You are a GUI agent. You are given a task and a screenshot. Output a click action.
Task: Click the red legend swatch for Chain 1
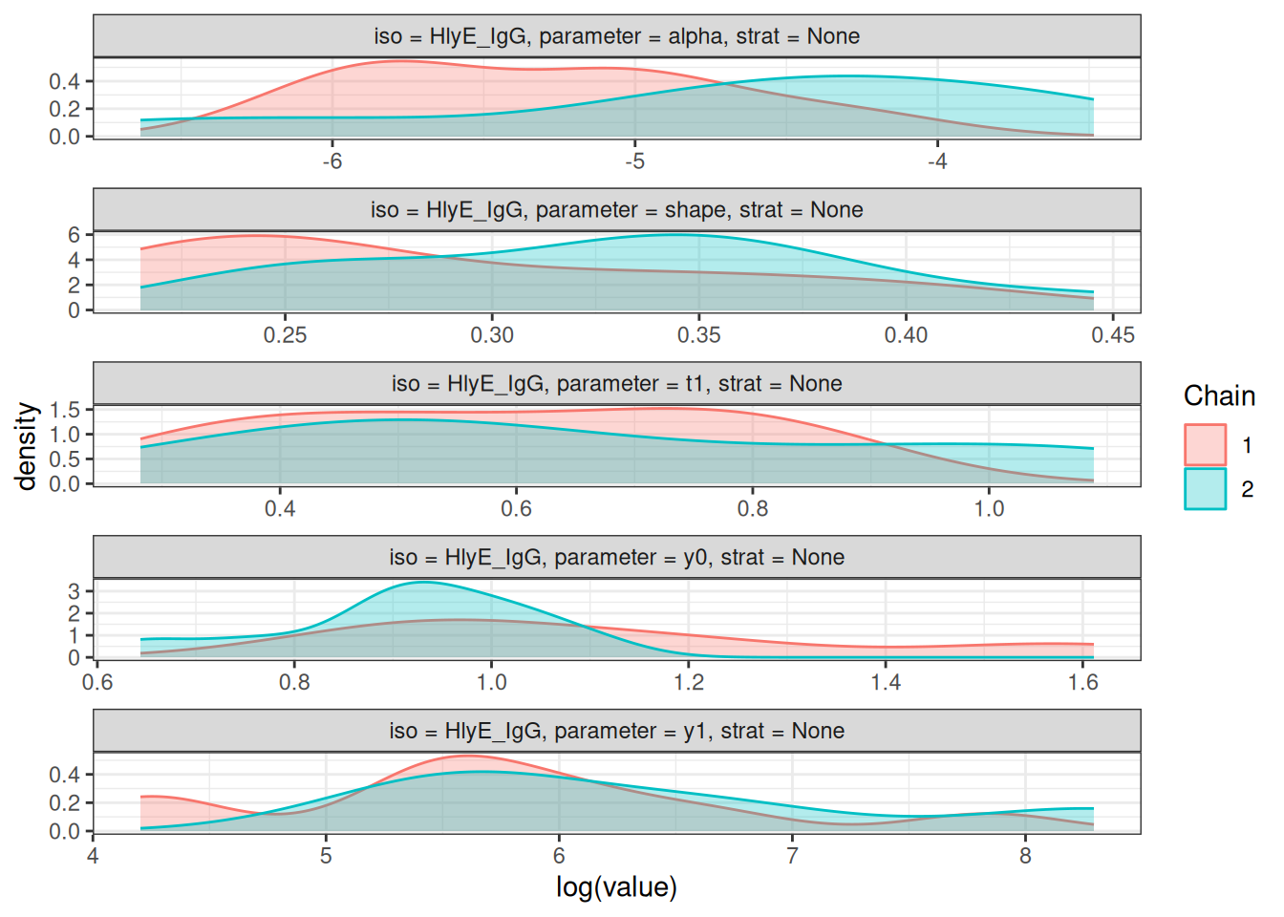(1205, 445)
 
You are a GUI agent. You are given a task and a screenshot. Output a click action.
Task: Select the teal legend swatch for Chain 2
(1205, 488)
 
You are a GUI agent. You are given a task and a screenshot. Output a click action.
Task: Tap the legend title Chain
(1219, 396)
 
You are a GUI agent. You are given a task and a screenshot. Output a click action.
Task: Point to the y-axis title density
(27, 445)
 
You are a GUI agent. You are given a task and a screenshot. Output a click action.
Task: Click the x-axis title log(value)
(616, 887)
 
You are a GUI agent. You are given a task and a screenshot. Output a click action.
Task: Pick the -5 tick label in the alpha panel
(634, 161)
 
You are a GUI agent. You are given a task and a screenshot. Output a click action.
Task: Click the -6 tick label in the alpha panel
(332, 161)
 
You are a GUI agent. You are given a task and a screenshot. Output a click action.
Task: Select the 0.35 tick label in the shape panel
(698, 335)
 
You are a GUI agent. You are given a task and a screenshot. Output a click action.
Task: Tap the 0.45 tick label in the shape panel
(1113, 335)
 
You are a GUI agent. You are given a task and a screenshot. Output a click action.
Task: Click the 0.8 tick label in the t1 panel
(753, 509)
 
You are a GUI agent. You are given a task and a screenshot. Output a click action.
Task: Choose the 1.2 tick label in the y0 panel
(689, 683)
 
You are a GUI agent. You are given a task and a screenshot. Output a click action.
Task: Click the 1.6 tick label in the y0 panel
(1083, 683)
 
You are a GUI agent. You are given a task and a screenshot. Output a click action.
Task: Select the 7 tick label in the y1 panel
(792, 856)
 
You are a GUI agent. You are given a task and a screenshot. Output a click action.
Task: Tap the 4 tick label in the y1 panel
(93, 856)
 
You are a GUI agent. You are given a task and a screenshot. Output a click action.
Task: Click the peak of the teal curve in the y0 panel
(423, 582)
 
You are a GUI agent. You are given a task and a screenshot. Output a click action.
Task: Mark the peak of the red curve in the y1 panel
(466, 756)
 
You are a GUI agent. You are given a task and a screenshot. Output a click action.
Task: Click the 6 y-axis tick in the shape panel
(74, 235)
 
